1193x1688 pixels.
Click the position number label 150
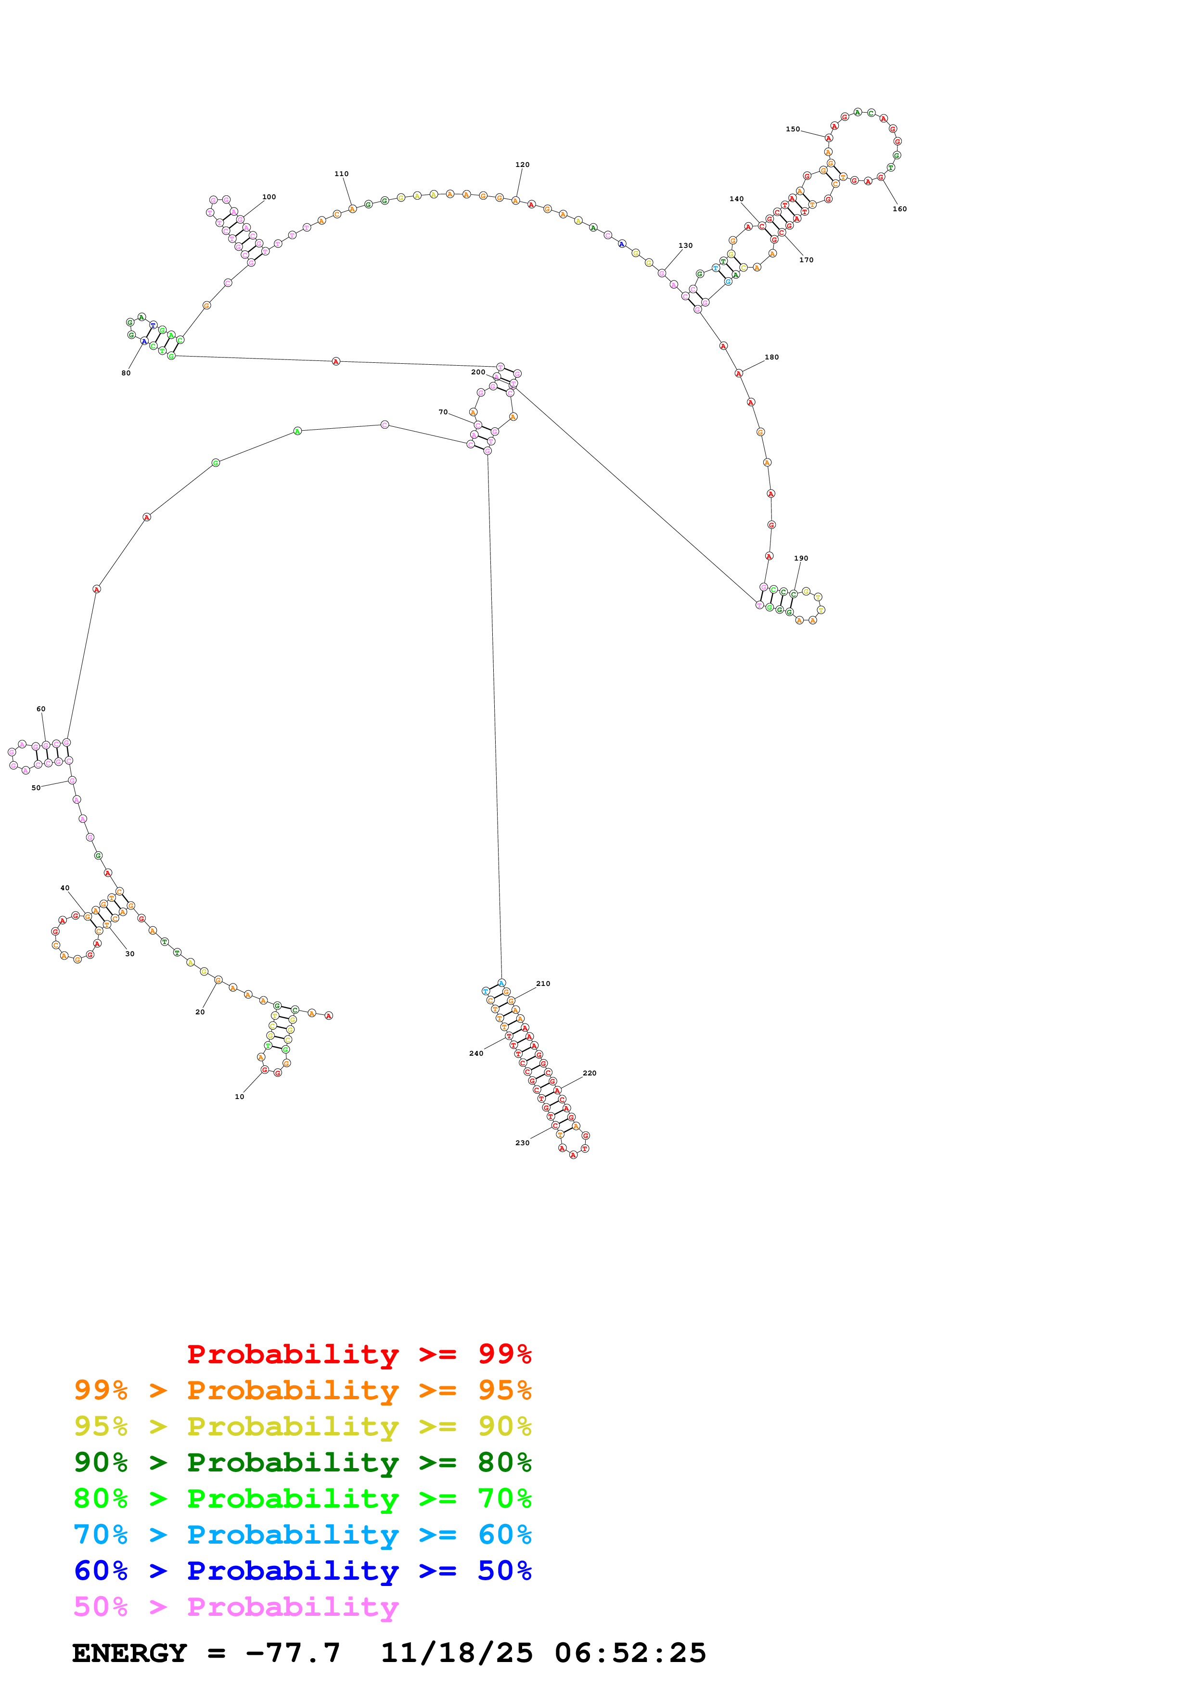point(793,129)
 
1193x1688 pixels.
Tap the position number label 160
point(900,209)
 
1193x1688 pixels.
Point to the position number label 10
point(240,1097)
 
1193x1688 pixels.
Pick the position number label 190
point(801,559)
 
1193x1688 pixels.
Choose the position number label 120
point(523,166)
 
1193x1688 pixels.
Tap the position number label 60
point(41,709)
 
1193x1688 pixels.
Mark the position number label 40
point(64,888)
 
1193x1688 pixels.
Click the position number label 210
point(543,984)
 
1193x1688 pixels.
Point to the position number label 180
point(772,358)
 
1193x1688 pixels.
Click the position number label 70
point(443,412)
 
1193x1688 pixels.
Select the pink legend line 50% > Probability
point(236,1607)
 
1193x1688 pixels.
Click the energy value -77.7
point(293,1653)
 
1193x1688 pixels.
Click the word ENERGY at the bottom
point(129,1653)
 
